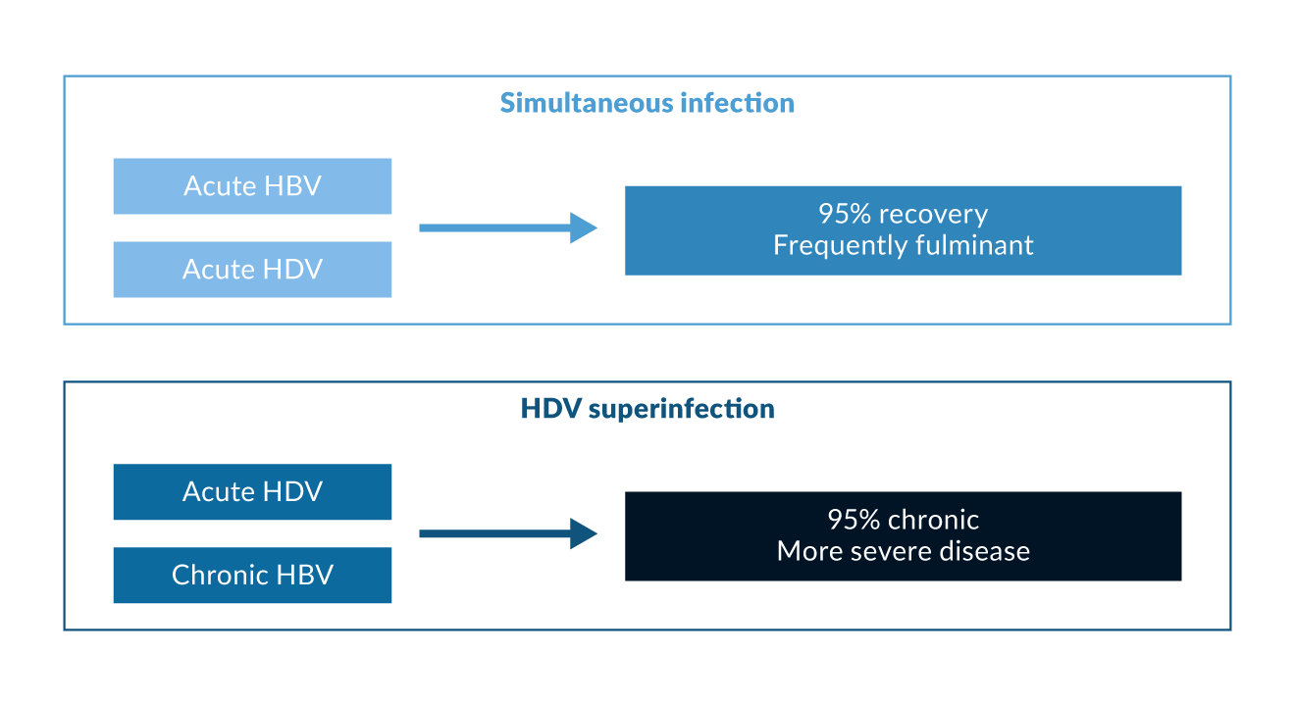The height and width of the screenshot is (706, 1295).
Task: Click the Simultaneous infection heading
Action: click(x=647, y=103)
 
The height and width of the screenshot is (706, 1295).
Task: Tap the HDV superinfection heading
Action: click(x=647, y=409)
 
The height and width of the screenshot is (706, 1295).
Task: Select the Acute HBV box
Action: click(x=252, y=186)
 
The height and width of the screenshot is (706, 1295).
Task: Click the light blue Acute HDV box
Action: click(x=252, y=270)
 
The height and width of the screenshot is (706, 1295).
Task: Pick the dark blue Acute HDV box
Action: click(x=252, y=491)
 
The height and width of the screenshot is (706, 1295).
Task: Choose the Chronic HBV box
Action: click(x=252, y=575)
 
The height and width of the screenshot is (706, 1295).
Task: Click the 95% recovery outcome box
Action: click(x=903, y=230)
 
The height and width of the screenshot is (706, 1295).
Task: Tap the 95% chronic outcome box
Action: click(x=903, y=535)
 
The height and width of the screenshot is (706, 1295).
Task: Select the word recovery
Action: click(x=933, y=215)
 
